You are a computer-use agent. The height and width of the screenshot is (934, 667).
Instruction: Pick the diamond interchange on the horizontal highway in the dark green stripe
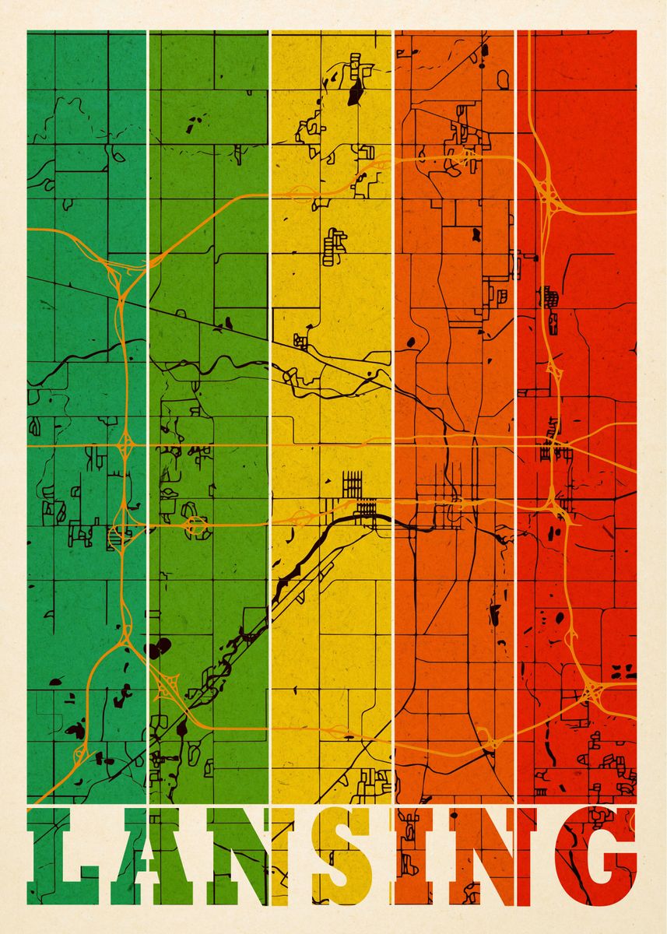(125, 447)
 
